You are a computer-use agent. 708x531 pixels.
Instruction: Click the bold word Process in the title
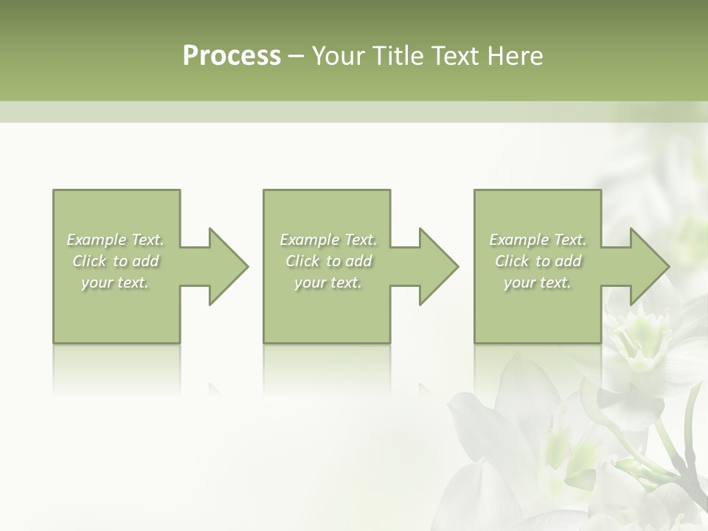[232, 56]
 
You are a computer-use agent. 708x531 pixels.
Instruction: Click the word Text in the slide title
[456, 56]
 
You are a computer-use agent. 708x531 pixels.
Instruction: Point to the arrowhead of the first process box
[228, 266]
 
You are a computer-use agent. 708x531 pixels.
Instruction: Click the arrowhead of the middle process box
[438, 266]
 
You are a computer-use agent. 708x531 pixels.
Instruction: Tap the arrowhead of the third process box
[649, 266]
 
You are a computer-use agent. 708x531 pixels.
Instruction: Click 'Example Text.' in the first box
[115, 240]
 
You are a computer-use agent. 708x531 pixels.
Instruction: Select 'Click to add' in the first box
[115, 261]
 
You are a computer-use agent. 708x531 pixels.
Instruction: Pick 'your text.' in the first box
[115, 282]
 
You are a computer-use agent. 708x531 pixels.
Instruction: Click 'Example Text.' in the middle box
[328, 240]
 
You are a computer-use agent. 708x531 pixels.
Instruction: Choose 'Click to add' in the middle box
[328, 261]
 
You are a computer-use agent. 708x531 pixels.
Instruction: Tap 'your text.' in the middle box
[328, 282]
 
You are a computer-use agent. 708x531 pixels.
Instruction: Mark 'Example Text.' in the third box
[538, 240]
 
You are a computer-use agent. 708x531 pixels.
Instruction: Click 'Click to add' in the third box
[538, 261]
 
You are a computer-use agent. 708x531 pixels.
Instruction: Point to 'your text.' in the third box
[538, 282]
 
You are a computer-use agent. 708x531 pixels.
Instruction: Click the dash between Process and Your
[296, 57]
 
